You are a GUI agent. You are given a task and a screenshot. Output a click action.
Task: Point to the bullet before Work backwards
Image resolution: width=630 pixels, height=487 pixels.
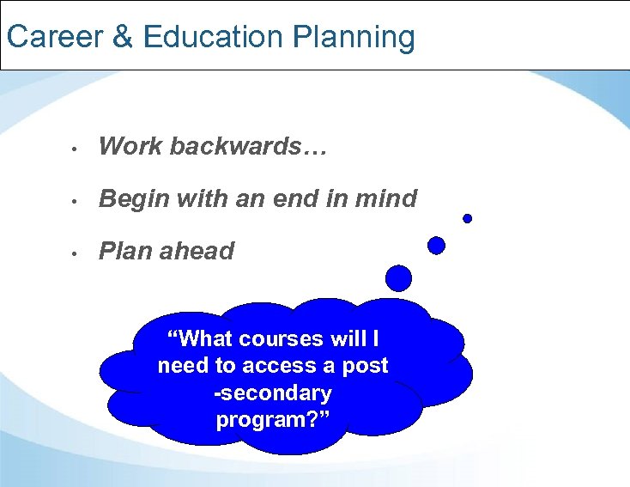click(x=76, y=149)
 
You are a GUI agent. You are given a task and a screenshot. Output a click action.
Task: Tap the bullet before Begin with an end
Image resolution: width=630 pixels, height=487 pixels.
click(x=76, y=201)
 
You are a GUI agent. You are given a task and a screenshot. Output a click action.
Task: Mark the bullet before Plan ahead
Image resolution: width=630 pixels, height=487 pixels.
click(x=76, y=253)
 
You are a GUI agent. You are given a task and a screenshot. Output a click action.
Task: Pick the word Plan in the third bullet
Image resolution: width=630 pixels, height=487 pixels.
click(x=124, y=252)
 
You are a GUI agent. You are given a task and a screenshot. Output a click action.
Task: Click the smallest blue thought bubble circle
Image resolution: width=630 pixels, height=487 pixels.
click(x=468, y=218)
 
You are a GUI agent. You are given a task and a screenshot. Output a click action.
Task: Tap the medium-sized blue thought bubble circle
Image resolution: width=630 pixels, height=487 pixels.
click(x=436, y=246)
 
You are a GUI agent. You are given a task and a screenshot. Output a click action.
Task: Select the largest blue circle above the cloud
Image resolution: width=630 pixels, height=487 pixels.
click(x=398, y=277)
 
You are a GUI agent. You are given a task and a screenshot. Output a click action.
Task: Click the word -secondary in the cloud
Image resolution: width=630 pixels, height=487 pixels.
click(x=273, y=393)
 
